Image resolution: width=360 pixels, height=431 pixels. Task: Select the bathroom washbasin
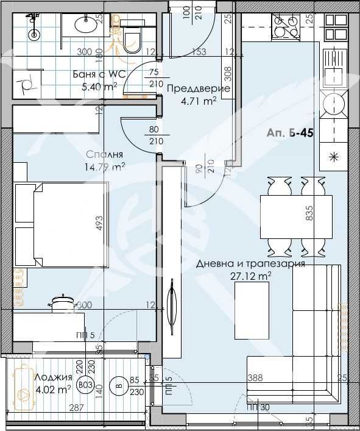[83, 24]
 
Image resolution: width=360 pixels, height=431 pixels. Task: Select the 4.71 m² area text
[197, 101]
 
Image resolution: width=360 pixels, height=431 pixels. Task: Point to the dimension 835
[309, 213]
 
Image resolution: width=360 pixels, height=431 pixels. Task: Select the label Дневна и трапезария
[250, 265]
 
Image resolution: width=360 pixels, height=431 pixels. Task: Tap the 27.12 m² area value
[251, 276]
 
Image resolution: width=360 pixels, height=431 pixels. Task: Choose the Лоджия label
[53, 377]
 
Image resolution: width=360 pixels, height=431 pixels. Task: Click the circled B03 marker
[86, 384]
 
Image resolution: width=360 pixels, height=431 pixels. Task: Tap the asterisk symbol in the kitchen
[333, 155]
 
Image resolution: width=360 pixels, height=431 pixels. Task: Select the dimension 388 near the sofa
[255, 378]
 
